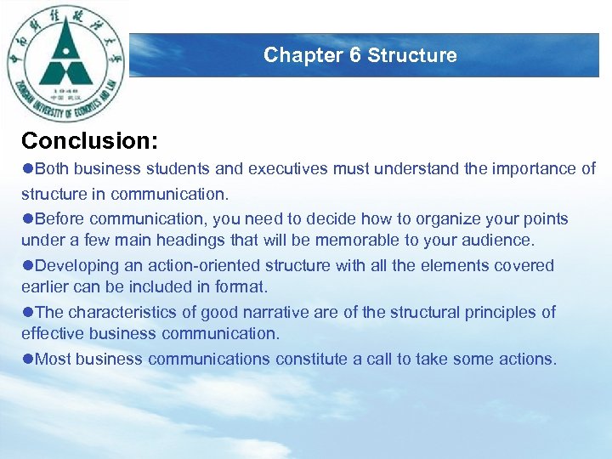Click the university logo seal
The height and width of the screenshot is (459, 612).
(x=66, y=64)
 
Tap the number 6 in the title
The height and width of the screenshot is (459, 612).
(x=355, y=55)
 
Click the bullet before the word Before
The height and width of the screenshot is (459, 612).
(x=28, y=219)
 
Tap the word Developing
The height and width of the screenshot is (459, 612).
(x=74, y=265)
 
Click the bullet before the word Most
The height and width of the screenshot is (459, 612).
(x=28, y=359)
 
